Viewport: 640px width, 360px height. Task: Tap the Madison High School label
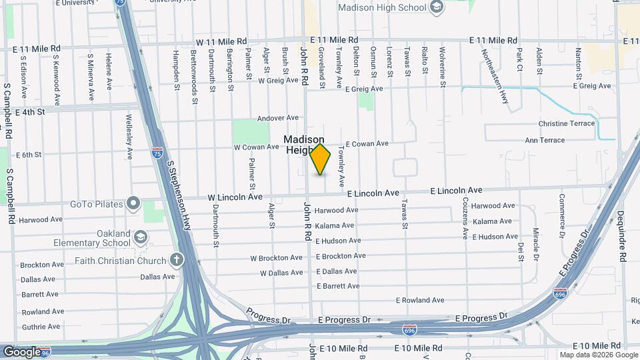(382, 8)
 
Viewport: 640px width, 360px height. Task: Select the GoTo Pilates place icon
(134, 202)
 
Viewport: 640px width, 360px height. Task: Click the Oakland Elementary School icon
(141, 237)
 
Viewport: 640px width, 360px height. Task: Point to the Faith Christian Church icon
(176, 260)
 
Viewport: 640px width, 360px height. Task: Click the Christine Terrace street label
(566, 124)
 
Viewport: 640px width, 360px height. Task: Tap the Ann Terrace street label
(545, 140)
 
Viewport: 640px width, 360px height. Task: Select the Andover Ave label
(278, 118)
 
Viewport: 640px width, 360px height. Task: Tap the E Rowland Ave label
(419, 300)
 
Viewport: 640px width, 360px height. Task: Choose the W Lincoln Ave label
(235, 197)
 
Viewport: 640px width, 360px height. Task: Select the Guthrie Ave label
(41, 327)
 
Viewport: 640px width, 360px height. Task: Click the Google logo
(21, 351)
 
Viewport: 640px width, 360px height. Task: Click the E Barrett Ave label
(338, 286)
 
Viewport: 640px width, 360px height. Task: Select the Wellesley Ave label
(129, 137)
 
